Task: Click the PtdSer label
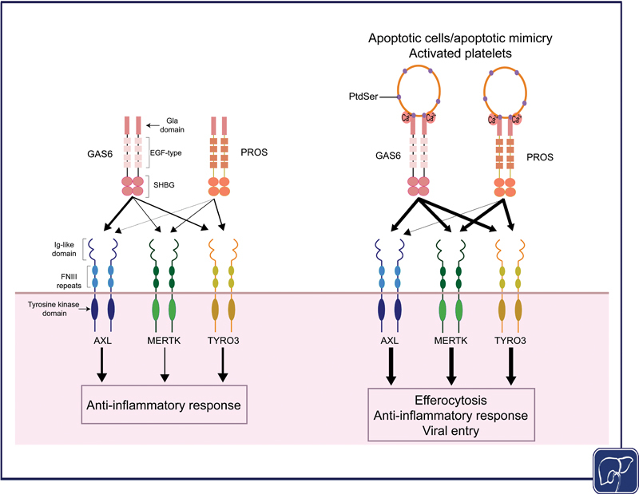(x=363, y=97)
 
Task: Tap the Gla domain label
(x=172, y=125)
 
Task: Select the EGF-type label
(x=166, y=152)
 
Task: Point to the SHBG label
(x=164, y=185)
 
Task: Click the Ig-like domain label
(x=64, y=249)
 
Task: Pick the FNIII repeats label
(x=69, y=281)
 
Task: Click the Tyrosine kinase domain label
(x=54, y=309)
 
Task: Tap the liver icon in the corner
(x=615, y=470)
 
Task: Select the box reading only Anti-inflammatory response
(x=165, y=405)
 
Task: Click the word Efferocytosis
(x=450, y=400)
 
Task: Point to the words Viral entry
(x=450, y=430)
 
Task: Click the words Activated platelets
(x=460, y=53)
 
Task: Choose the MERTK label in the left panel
(x=164, y=341)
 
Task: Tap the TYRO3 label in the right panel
(x=510, y=341)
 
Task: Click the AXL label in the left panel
(x=102, y=341)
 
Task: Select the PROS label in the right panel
(x=540, y=157)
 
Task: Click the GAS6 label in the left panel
(x=100, y=154)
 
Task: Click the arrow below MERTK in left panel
(x=165, y=365)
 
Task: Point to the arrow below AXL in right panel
(x=391, y=366)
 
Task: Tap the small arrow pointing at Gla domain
(x=153, y=125)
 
